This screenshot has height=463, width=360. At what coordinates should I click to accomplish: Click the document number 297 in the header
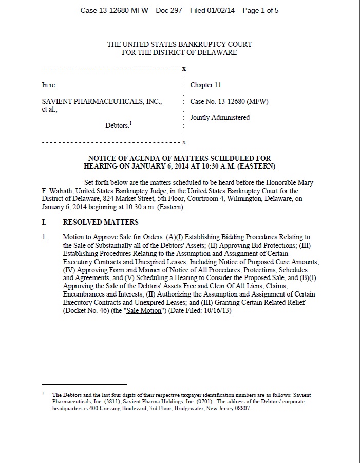[x=176, y=10]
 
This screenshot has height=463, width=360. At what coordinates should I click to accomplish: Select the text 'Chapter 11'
[x=205, y=85]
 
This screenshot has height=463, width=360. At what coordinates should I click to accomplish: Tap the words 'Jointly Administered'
[x=220, y=117]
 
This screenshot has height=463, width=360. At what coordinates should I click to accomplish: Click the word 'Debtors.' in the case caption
[x=117, y=125]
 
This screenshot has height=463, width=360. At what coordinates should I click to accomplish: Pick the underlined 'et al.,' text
[x=49, y=109]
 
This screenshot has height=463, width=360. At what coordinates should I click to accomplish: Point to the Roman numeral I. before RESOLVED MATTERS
[x=44, y=223]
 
